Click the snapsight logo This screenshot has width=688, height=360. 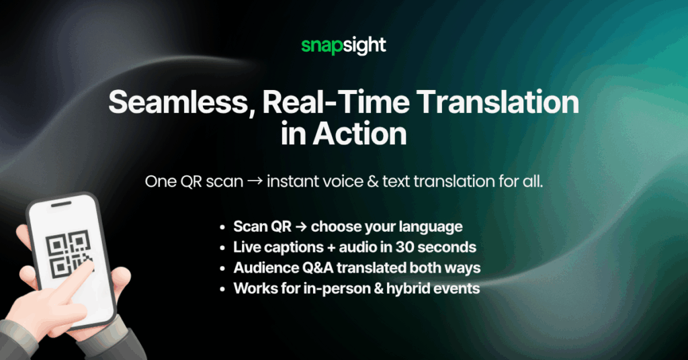tap(343, 46)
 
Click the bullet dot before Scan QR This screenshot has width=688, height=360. tap(223, 227)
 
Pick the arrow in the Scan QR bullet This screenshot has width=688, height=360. tap(301, 227)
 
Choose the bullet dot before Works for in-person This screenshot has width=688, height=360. tap(223, 289)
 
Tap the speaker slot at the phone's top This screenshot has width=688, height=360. tap(61, 204)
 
